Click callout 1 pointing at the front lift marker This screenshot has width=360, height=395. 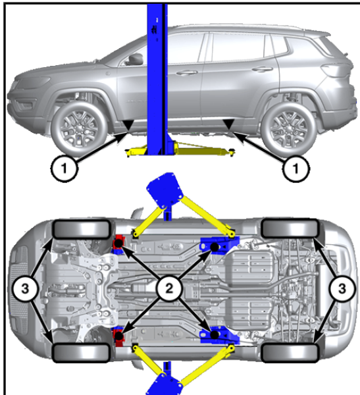pyautogui.click(x=64, y=168)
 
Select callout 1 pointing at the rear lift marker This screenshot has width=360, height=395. pyautogui.click(x=296, y=168)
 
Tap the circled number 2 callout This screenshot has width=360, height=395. pyautogui.click(x=168, y=288)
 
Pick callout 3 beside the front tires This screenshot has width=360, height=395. pyautogui.click(x=25, y=288)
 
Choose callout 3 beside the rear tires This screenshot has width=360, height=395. pyautogui.click(x=342, y=288)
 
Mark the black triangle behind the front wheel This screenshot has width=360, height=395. pyautogui.click(x=128, y=125)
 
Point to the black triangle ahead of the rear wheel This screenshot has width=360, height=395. pyautogui.click(x=229, y=124)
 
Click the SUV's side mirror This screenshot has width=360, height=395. pyautogui.click(x=136, y=59)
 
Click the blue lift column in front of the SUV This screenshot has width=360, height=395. pyautogui.click(x=157, y=78)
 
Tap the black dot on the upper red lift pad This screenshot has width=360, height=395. pyautogui.click(x=118, y=244)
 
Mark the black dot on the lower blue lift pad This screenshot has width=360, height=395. pyautogui.click(x=215, y=335)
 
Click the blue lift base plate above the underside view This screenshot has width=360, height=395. pyautogui.click(x=165, y=188)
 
